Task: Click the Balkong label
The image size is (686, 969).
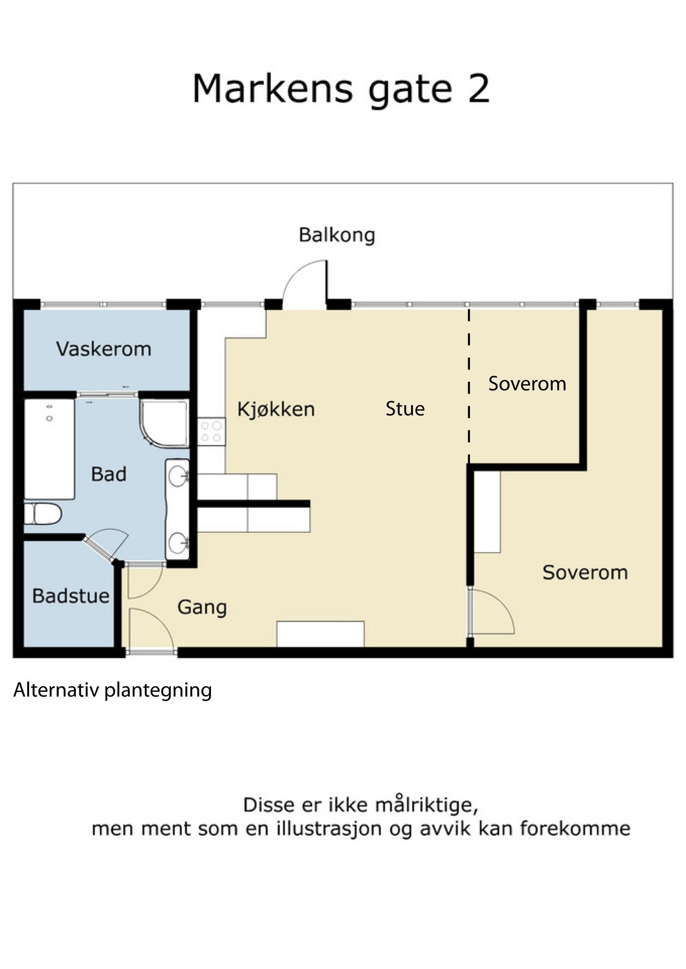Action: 337,235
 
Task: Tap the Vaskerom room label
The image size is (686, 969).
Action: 104,349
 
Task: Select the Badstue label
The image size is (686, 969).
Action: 71,596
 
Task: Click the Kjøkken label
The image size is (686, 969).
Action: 276,410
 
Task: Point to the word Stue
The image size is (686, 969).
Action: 405,409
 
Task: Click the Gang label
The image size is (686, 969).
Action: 202,607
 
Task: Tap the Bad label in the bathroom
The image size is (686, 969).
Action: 108,474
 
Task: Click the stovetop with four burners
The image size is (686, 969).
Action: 211,432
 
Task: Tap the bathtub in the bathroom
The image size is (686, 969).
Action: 49,449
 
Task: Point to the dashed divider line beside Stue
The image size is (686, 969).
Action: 469,386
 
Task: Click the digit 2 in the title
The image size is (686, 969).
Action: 478,89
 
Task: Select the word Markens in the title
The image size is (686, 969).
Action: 272,89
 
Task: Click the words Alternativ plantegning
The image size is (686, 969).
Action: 113,690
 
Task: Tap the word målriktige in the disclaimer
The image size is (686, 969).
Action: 426,805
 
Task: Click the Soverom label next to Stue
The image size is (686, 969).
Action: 527,383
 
